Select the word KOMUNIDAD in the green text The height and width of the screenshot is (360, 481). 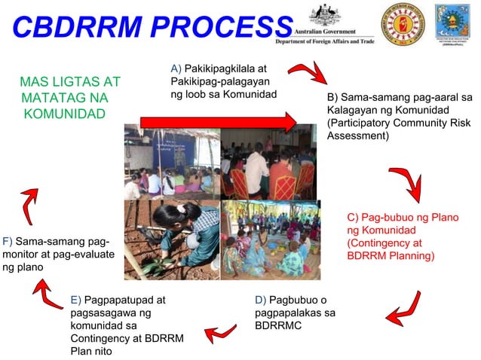pos(64,114)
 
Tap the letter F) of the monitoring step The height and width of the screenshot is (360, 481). pos(8,242)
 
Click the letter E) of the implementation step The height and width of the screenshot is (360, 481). pos(75,300)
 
